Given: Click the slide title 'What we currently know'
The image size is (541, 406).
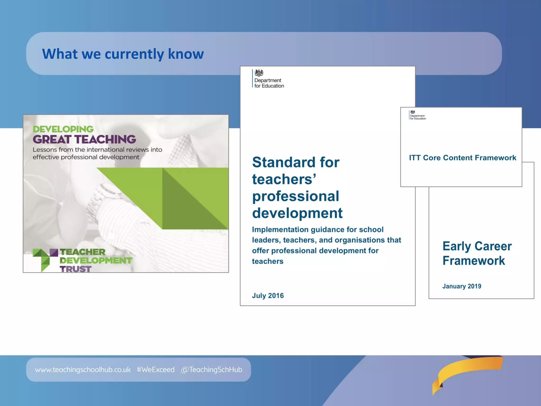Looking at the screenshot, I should pyautogui.click(x=123, y=54).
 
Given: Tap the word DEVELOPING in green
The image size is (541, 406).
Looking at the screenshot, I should pyautogui.click(x=63, y=129).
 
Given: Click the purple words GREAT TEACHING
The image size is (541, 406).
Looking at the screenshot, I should pyautogui.click(x=84, y=139).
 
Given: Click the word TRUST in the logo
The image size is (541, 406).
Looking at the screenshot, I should pyautogui.click(x=76, y=269).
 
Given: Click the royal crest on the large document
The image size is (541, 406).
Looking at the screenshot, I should pyautogui.click(x=259, y=73).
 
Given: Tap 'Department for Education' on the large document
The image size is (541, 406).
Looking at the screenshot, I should pyautogui.click(x=269, y=83).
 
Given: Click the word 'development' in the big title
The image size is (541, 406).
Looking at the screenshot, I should pyautogui.click(x=297, y=213).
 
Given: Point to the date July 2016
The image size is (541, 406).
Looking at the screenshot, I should pyautogui.click(x=268, y=296).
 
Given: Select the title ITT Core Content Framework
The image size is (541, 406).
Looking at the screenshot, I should pyautogui.click(x=462, y=158).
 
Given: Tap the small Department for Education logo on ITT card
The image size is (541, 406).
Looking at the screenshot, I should pyautogui.click(x=417, y=115).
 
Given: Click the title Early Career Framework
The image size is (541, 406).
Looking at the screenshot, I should pyautogui.click(x=477, y=253).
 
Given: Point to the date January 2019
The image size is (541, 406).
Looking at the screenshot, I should pyautogui.click(x=461, y=286).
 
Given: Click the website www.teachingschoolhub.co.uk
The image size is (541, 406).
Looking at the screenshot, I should pyautogui.click(x=83, y=370).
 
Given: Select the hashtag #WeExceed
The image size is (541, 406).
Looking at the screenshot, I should pyautogui.click(x=156, y=370).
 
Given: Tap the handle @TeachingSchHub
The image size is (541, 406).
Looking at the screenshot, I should pyautogui.click(x=211, y=370).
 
